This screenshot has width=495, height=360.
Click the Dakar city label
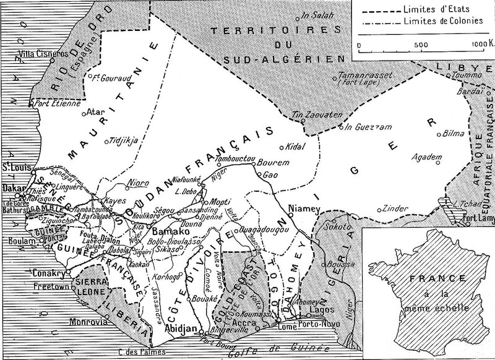[12, 184]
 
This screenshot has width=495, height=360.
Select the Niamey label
[303, 208]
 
